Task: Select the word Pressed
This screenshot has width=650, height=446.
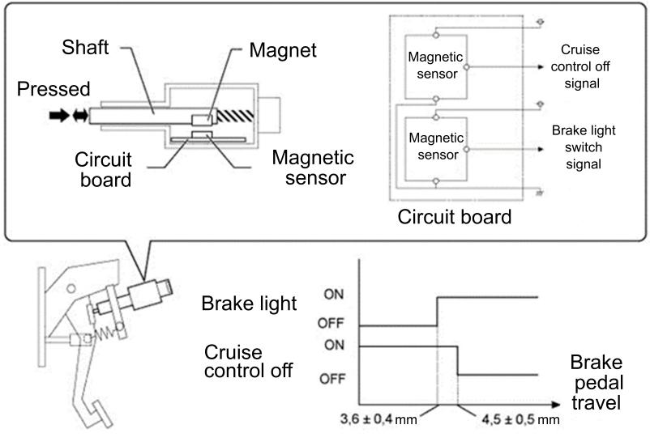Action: [x=53, y=89]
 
